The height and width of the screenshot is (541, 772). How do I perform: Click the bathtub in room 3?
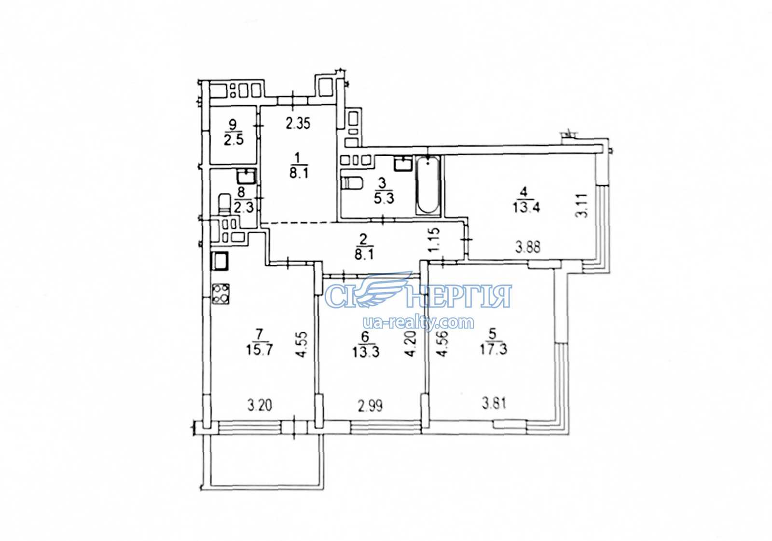pyautogui.click(x=428, y=186)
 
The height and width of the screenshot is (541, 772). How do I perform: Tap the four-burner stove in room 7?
pyautogui.click(x=220, y=294)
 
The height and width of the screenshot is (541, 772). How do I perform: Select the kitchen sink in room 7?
pyautogui.click(x=220, y=261)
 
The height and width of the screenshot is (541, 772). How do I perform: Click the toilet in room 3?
pyautogui.click(x=351, y=183)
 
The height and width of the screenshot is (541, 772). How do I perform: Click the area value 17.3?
pyautogui.click(x=493, y=350)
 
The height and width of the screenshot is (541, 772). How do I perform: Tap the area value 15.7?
pyautogui.click(x=260, y=350)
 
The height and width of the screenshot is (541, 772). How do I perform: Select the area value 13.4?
pyautogui.click(x=526, y=208)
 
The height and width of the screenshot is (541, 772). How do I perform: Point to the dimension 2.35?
pyautogui.click(x=298, y=123)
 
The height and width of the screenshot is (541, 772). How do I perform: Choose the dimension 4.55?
pyautogui.click(x=302, y=345)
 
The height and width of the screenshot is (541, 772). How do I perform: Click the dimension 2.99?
pyautogui.click(x=371, y=406)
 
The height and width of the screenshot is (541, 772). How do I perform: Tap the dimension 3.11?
pyautogui.click(x=581, y=205)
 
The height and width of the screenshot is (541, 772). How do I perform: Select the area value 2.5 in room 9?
pyautogui.click(x=234, y=140)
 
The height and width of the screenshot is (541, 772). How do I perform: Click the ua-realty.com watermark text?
pyautogui.click(x=418, y=323)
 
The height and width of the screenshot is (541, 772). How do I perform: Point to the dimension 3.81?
pyautogui.click(x=494, y=403)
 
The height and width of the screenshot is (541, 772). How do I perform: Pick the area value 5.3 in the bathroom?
pyautogui.click(x=384, y=198)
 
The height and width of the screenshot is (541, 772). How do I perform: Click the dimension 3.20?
pyautogui.click(x=260, y=406)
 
